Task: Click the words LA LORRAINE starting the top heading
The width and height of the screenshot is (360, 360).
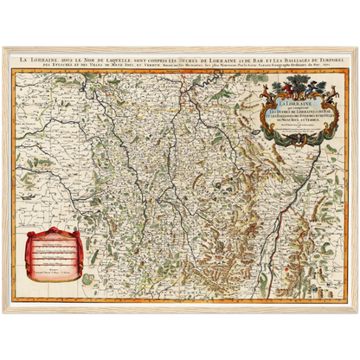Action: click(x=40, y=58)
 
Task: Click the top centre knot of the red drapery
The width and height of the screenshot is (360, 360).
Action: click(x=53, y=230)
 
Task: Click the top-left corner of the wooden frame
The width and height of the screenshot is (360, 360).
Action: click(x=3, y=46)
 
